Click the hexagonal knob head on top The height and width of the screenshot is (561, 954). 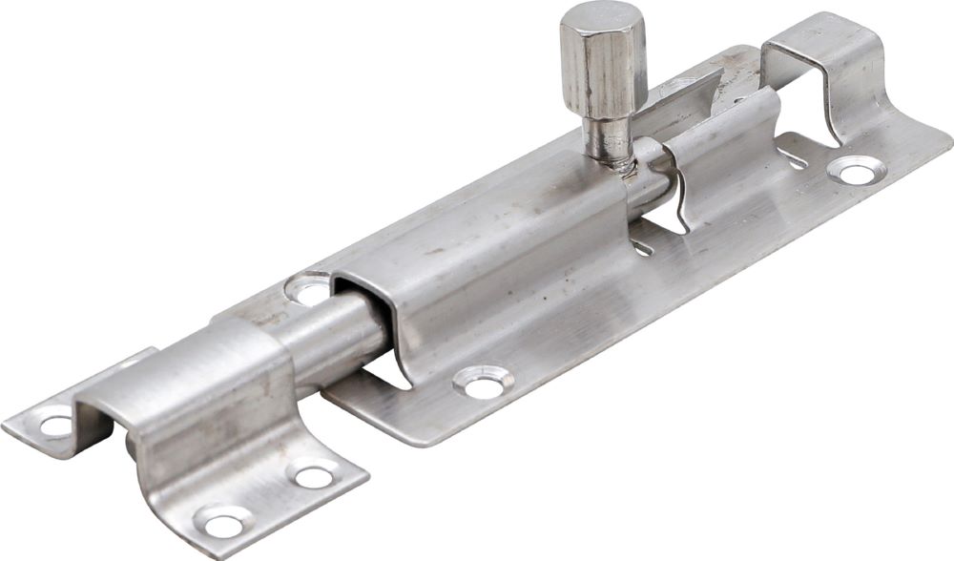coord(602,62)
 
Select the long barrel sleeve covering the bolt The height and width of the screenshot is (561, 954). coord(496,248)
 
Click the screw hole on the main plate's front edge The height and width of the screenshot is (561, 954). coord(483,384)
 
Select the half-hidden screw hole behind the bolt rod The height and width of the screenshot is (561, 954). coord(308,289)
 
